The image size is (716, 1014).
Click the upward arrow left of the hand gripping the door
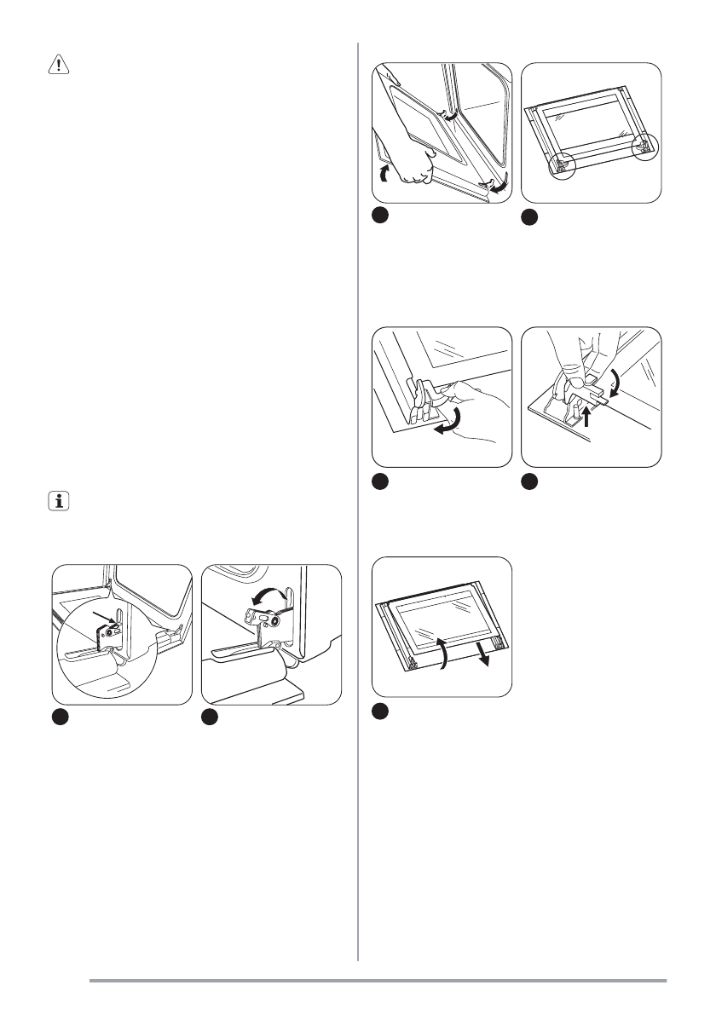pos(385,176)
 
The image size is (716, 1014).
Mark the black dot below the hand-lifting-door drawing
pos(381,216)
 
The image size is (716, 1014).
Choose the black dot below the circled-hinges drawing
pos(529,216)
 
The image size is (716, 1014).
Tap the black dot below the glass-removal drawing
pos(381,711)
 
